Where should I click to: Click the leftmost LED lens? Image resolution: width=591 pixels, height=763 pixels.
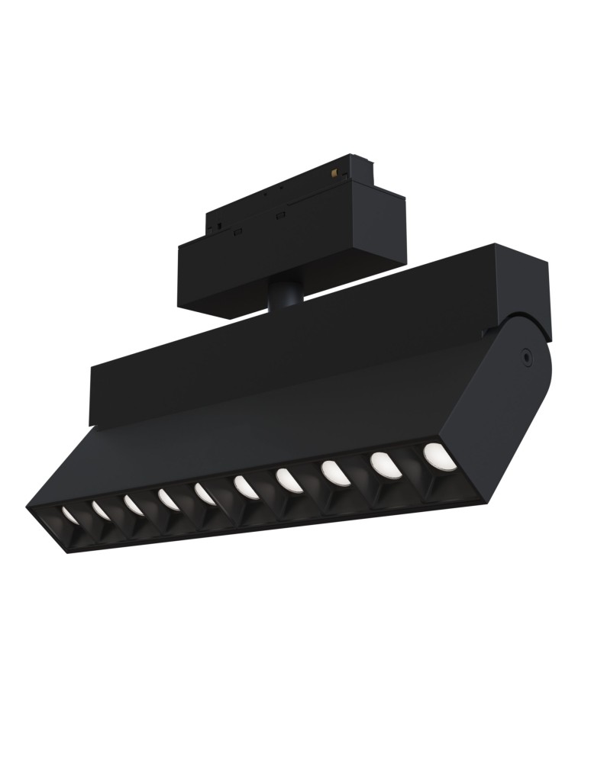click(69, 515)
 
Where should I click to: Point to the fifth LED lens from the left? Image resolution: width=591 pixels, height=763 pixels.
click(205, 494)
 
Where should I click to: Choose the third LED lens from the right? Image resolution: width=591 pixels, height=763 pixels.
click(335, 473)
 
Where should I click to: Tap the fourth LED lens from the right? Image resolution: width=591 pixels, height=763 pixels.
click(289, 480)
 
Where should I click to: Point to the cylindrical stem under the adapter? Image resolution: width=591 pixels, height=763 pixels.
click(285, 295)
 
